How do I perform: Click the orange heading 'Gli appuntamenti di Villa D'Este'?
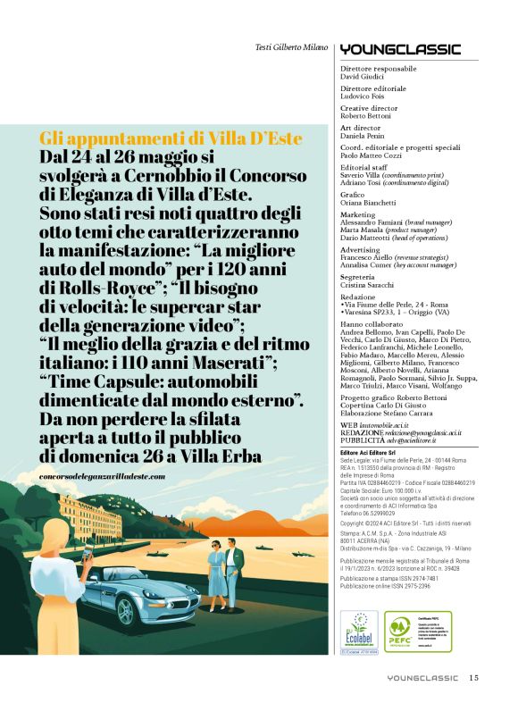[171, 138]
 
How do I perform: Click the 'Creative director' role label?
[369, 108]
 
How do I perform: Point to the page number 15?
[474, 678]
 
